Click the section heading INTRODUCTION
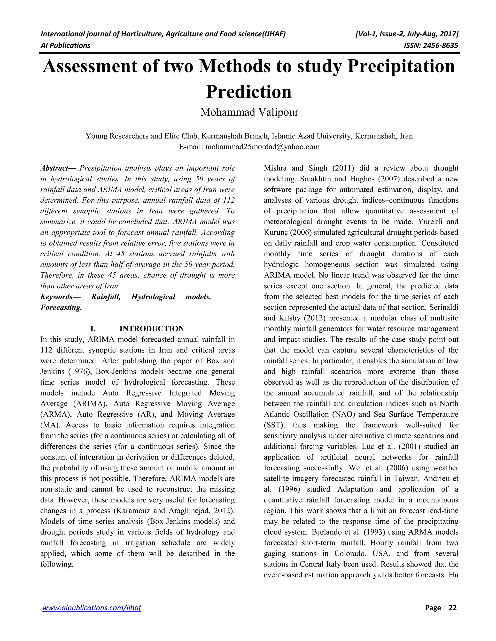[152, 328]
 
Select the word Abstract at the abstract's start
[54, 168]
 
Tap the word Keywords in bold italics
[56, 297]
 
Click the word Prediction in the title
[248, 92]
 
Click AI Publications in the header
[65, 45]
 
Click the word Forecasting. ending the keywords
[61, 308]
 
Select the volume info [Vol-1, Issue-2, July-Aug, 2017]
[407, 34]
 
